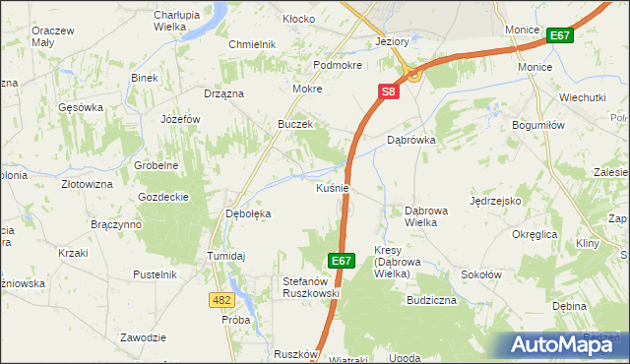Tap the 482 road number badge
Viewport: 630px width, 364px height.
[221, 298]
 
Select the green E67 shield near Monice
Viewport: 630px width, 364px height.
[560, 36]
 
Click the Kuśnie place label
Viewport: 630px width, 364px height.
[334, 187]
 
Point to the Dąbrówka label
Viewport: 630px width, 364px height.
[411, 140]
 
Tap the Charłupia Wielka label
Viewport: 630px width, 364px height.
[179, 20]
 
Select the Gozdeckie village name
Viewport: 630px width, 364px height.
[163, 197]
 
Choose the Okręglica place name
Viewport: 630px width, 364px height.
[535, 234]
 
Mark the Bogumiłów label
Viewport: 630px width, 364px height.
[537, 125]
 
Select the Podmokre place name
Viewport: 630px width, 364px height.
[338, 65]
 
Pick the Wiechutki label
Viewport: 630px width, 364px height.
[582, 98]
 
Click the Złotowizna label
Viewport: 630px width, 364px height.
[87, 184]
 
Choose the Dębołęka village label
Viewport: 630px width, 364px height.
[249, 213]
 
